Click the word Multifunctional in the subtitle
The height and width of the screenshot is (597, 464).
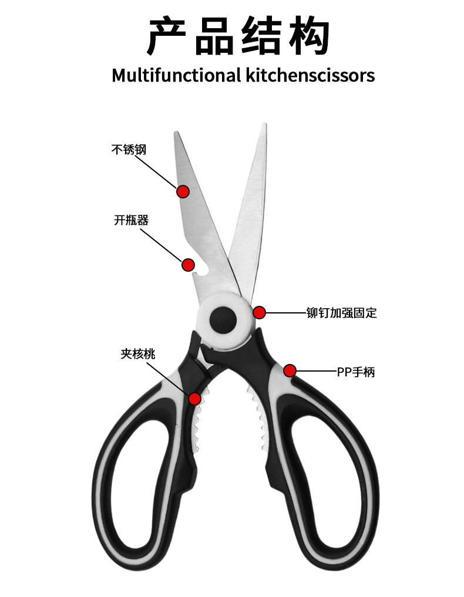click(176, 75)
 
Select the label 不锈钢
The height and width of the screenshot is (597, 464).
click(129, 150)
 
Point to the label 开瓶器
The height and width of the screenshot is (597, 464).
click(131, 220)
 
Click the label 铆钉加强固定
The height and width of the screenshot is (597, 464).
click(341, 313)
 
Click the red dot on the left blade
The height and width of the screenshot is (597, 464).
click(183, 191)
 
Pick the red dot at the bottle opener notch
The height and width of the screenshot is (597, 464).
click(189, 264)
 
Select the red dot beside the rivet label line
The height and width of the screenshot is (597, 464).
click(259, 312)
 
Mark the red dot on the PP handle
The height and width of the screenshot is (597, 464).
click(290, 370)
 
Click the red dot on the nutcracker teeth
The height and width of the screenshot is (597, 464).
click(194, 399)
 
